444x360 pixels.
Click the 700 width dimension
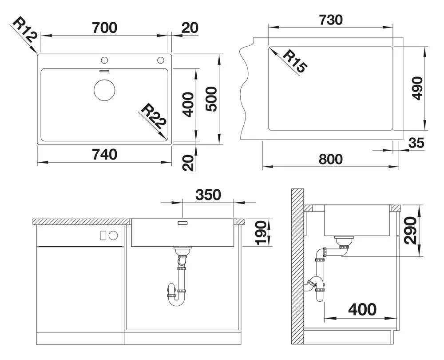click(x=104, y=28)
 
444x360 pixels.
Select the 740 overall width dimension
click(x=104, y=154)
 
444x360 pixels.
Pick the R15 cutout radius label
click(x=295, y=61)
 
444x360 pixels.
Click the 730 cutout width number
click(x=330, y=20)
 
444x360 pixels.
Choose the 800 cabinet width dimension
click(x=330, y=159)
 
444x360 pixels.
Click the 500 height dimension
click(x=211, y=99)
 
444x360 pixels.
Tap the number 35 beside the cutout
click(x=416, y=143)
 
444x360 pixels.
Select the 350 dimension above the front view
click(x=208, y=195)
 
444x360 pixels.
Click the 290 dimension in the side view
click(x=411, y=230)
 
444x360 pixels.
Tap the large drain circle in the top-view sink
click(x=104, y=90)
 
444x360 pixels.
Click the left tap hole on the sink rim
click(x=104, y=60)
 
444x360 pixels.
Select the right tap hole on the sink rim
click(x=161, y=60)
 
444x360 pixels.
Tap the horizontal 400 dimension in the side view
click(x=362, y=309)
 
